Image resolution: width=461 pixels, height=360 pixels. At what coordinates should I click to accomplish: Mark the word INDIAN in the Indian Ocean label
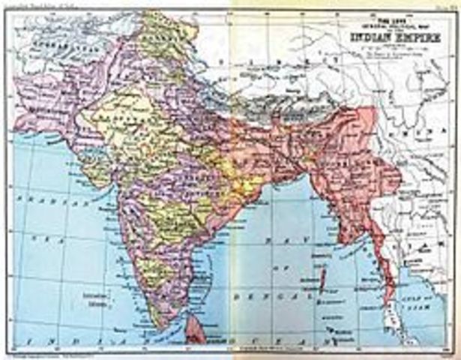(45, 342)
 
